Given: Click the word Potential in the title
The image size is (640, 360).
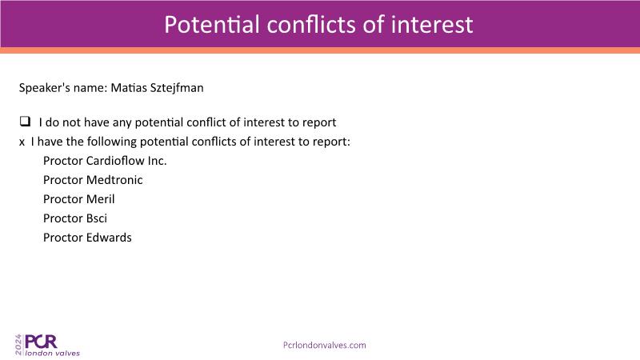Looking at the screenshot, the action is [x=212, y=25].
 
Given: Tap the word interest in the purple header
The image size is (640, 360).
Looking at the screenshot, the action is [x=432, y=25].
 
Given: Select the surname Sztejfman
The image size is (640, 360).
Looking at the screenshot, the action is [x=177, y=88].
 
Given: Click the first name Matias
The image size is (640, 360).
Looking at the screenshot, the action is [x=129, y=88].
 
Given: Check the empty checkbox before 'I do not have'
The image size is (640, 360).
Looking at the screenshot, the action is [x=25, y=122].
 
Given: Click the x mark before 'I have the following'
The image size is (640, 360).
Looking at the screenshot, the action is [x=22, y=142].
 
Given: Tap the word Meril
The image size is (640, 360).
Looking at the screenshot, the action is [x=101, y=199].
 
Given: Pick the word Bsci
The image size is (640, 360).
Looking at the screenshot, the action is [x=97, y=218].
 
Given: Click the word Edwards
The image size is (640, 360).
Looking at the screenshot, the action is [x=109, y=238].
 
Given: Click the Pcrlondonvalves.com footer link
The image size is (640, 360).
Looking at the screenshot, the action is [x=325, y=346].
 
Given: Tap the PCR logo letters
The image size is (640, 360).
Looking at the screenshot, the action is [x=41, y=342].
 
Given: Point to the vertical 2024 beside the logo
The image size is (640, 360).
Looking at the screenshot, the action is [x=18, y=345].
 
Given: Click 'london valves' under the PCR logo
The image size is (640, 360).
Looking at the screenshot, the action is [x=52, y=353].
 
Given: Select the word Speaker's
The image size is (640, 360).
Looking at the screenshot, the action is [x=45, y=88].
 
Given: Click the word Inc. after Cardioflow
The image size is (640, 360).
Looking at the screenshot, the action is [x=157, y=161].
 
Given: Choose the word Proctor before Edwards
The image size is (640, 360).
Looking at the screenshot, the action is [x=63, y=238].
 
